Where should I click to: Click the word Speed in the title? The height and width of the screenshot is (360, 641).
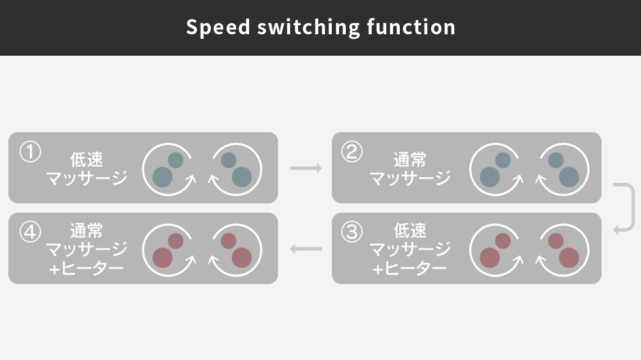tap(218, 28)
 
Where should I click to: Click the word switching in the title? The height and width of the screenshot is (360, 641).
tap(308, 28)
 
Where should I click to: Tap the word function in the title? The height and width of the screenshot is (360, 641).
tap(411, 28)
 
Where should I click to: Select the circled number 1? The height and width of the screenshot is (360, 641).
tap(30, 152)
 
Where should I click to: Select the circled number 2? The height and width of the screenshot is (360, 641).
tap(352, 152)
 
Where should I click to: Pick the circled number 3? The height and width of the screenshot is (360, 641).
tap(352, 232)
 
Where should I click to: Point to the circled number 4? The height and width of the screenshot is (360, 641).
tap(30, 232)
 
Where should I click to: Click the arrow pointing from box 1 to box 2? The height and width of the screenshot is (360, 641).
tap(306, 168)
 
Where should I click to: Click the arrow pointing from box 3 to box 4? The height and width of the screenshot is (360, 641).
tap(306, 248)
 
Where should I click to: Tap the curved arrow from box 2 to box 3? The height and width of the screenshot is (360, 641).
tap(633, 208)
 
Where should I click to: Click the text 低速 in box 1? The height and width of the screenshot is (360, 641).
tap(87, 160)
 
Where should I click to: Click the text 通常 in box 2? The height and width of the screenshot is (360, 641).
tap(410, 160)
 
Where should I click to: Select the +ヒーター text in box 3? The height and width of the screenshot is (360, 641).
tap(409, 269)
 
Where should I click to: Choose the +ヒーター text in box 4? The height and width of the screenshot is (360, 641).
tap(86, 269)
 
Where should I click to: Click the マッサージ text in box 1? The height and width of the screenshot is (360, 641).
tap(87, 178)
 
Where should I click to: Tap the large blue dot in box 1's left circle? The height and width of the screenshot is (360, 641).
tap(162, 177)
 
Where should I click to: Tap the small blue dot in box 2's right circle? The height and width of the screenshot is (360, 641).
tap(556, 160)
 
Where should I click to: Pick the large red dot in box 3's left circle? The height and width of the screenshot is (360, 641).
tap(490, 257)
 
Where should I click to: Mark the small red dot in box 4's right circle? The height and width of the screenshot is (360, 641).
tap(228, 241)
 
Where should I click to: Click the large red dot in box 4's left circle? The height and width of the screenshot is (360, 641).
tap(162, 257)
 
